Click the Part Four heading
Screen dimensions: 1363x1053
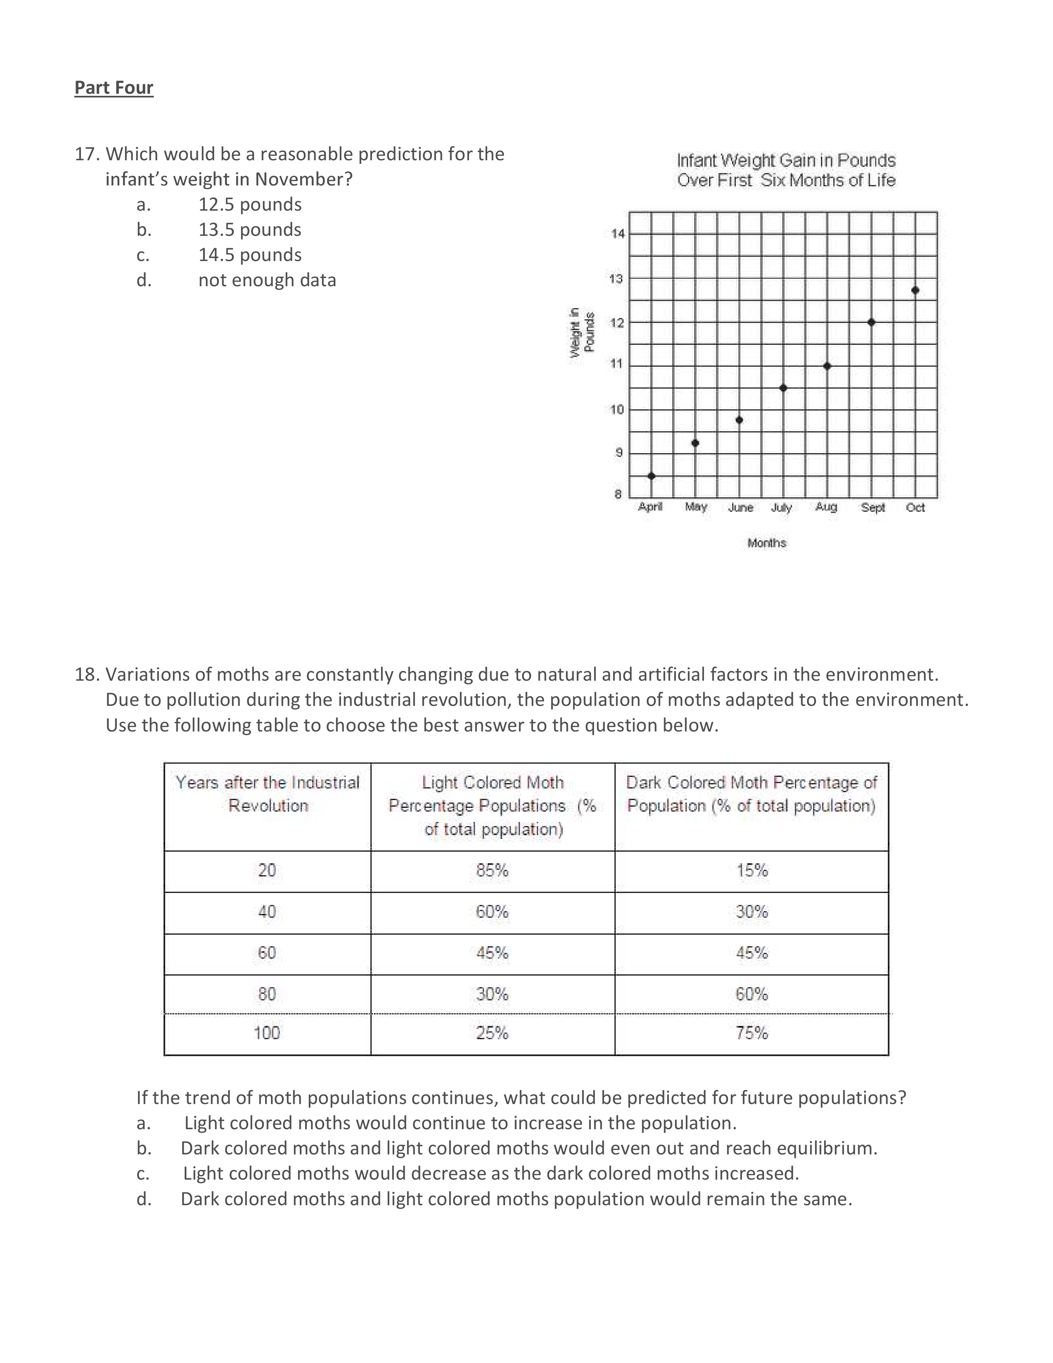(x=114, y=88)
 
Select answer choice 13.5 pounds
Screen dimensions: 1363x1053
(x=249, y=230)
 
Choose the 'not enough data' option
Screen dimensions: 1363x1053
(x=267, y=280)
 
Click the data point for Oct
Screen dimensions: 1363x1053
(x=915, y=290)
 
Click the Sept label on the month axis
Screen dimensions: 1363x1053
(x=873, y=507)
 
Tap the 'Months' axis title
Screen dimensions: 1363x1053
(x=767, y=543)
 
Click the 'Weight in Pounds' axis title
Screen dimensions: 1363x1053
(x=581, y=332)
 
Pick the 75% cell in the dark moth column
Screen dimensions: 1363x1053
(x=751, y=1033)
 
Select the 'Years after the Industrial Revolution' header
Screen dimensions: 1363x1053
(x=268, y=794)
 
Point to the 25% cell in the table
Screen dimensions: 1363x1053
(x=492, y=1033)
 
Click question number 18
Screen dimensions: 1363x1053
(x=87, y=674)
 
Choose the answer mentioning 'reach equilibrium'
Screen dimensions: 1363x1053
(x=529, y=1148)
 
